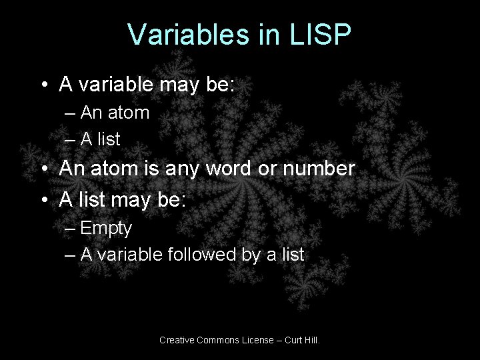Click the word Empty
[106, 228]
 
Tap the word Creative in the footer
[175, 340]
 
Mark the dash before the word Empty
[70, 229]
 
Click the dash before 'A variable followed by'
[70, 254]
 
